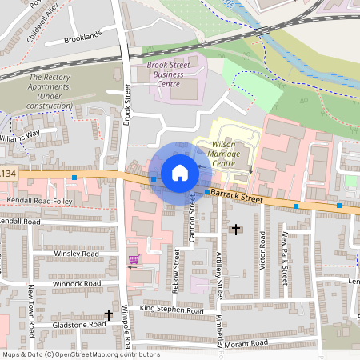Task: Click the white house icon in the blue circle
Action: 180,172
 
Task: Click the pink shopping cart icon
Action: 134,259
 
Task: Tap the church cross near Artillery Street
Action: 235,230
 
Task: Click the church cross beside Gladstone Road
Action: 109,315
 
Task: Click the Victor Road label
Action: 262,250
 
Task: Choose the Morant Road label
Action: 246,343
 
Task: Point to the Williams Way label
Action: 18,137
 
